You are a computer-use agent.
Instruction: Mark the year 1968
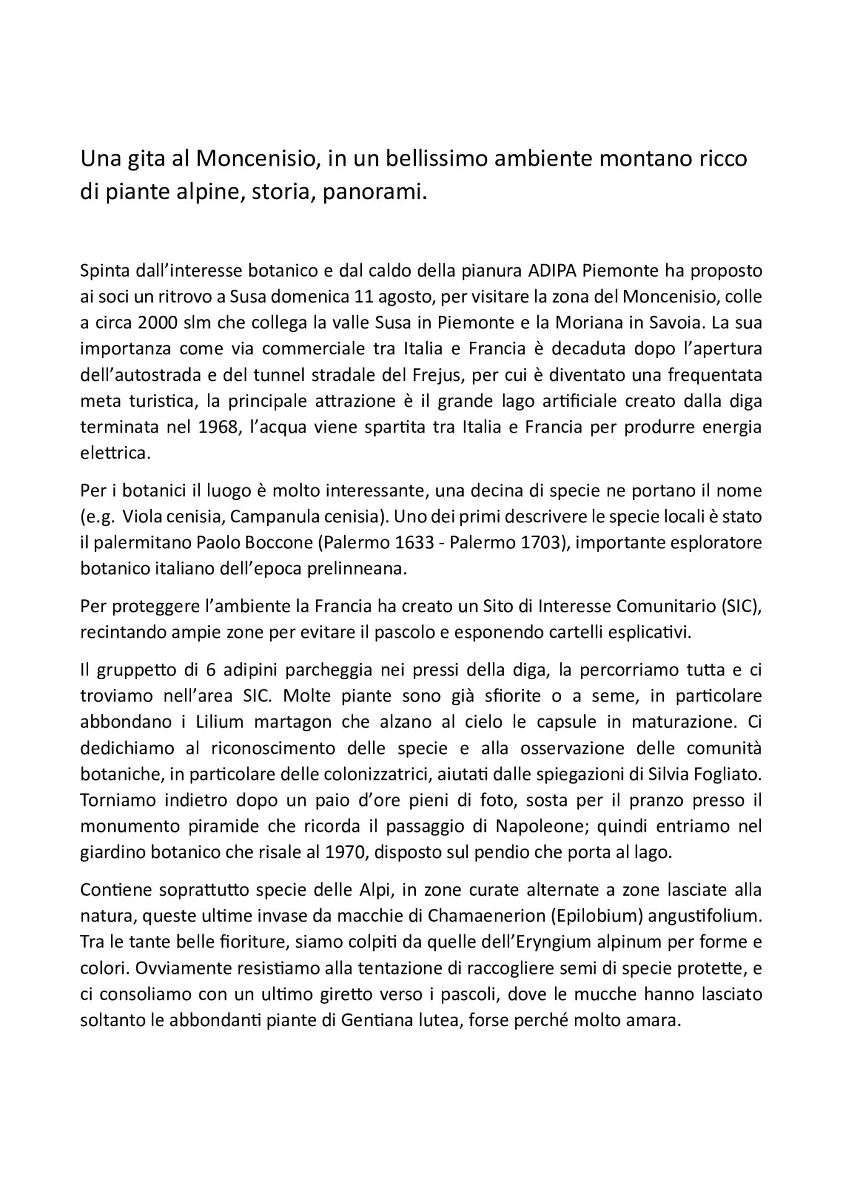coord(207,427)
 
